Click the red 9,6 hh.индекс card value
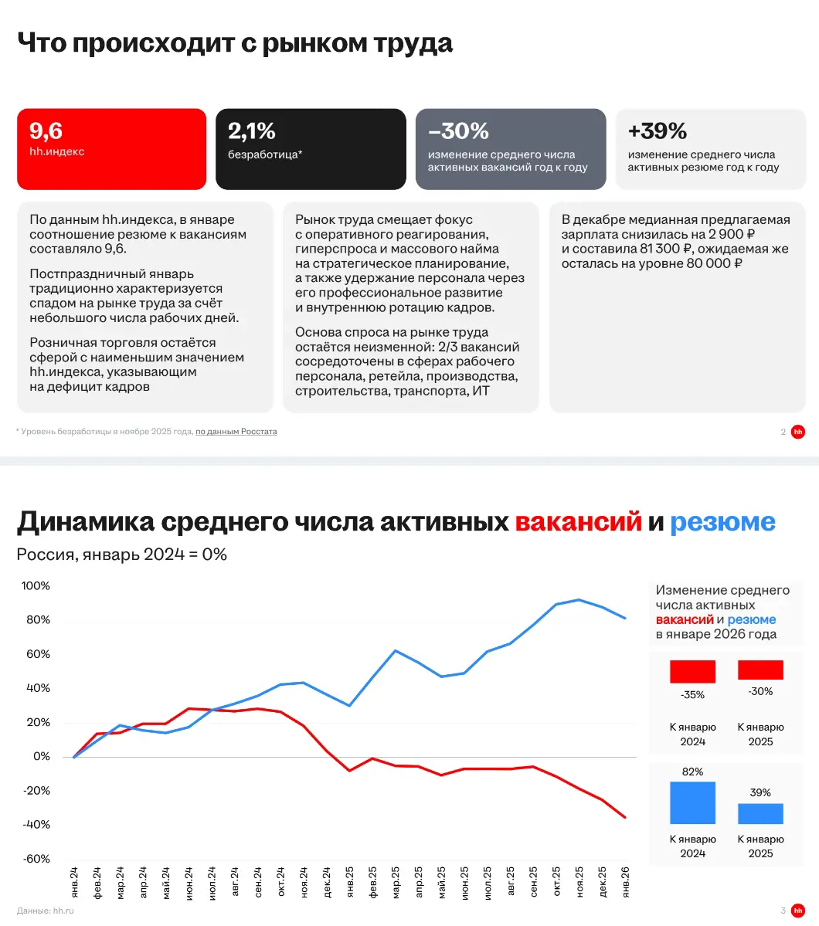[46, 131]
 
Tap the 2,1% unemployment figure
[252, 131]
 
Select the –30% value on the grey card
[458, 131]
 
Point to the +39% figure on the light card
[657, 131]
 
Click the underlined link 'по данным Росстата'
[236, 432]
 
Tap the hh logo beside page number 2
[797, 432]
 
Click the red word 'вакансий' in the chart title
[579, 522]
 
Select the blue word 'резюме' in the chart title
[722, 522]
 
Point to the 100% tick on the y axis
[36, 586]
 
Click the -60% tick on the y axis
[36, 859]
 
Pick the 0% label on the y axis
[42, 757]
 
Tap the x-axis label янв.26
[625, 882]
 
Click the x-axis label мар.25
[396, 882]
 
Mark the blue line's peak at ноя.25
[579, 600]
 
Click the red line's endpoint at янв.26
[625, 818]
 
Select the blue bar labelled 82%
[692, 802]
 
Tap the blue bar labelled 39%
[760, 814]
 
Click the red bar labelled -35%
[692, 671]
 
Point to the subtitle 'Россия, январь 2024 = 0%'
[122, 555]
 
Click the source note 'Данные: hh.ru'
[46, 911]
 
